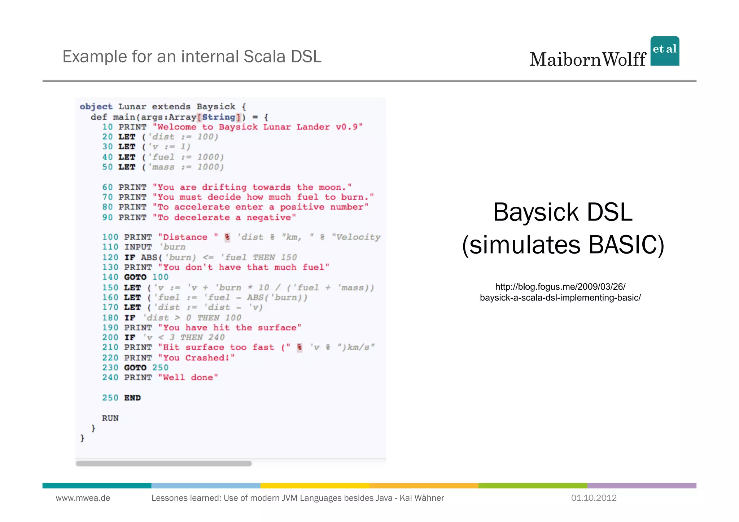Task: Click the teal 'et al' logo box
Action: click(x=665, y=51)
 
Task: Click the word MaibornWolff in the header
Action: click(x=587, y=60)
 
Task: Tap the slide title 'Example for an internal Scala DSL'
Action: click(x=192, y=57)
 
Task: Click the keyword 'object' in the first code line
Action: click(x=96, y=107)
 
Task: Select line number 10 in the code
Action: click(x=108, y=127)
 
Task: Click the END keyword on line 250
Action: click(x=132, y=398)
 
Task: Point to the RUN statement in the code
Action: click(x=110, y=418)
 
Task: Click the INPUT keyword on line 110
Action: click(x=138, y=247)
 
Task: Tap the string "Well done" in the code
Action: click(x=188, y=378)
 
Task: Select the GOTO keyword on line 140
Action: click(x=135, y=277)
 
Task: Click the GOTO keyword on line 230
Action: click(x=135, y=368)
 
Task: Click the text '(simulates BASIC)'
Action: click(x=563, y=245)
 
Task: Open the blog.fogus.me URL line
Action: click(x=560, y=287)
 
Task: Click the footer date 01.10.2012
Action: click(x=594, y=498)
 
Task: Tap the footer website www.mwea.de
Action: click(x=83, y=498)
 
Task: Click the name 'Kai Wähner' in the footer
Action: click(x=421, y=498)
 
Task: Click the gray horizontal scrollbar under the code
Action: click(x=163, y=464)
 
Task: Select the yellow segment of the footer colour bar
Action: click(x=315, y=486)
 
